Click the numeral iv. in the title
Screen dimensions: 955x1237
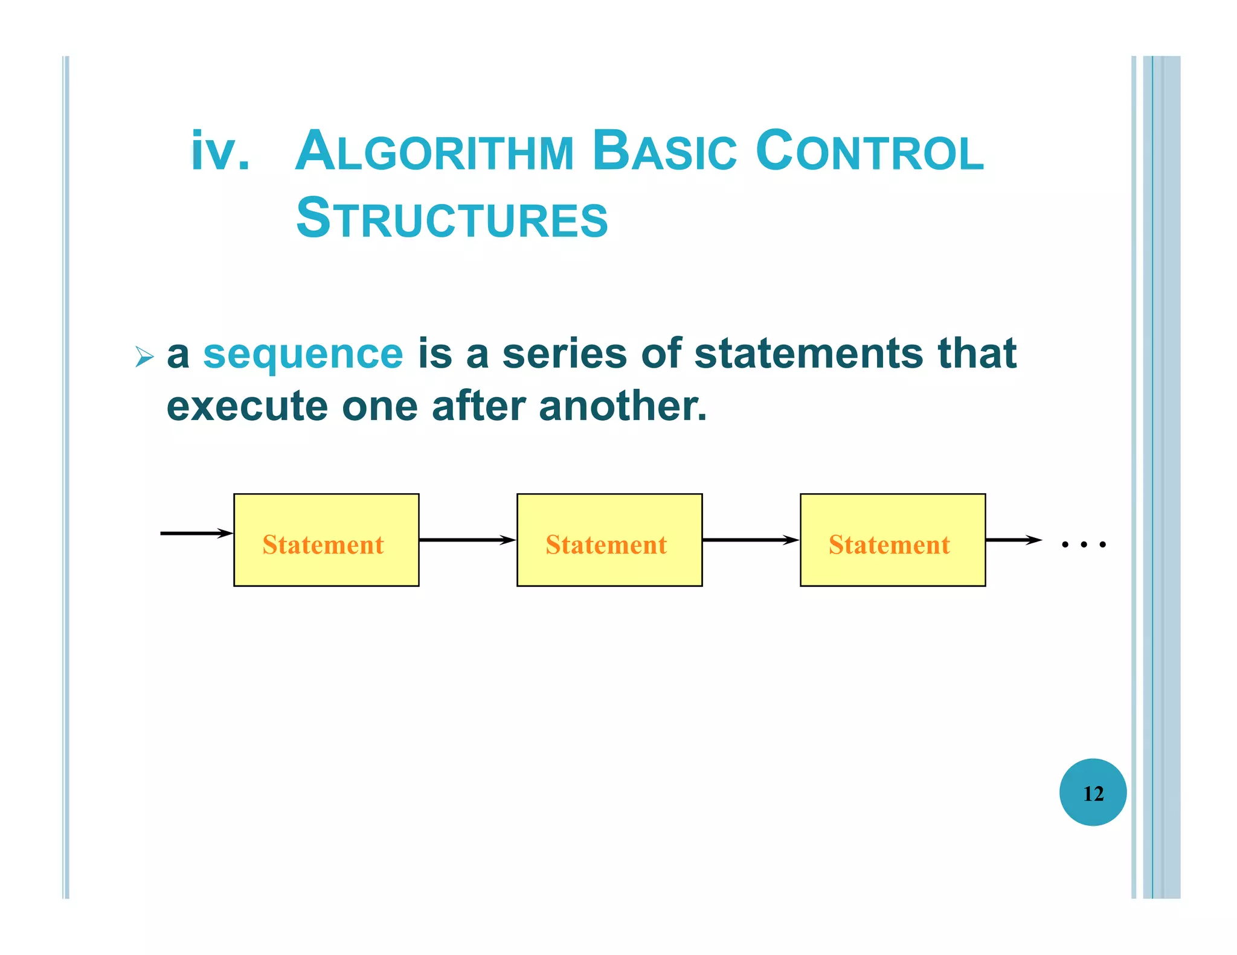pos(220,152)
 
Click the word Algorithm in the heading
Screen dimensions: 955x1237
pos(434,151)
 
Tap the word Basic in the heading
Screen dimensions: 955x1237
pos(664,151)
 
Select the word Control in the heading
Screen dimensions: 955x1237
pos(869,151)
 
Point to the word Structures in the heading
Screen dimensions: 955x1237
pos(452,219)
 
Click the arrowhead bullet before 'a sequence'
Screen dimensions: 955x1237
pos(144,357)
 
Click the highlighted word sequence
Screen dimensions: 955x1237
pos(303,354)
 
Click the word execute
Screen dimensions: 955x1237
pos(247,406)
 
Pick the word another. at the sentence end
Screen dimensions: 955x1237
pos(622,406)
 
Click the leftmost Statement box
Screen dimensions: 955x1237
pos(326,540)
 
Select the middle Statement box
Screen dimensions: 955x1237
pos(609,540)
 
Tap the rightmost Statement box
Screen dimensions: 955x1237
pos(893,540)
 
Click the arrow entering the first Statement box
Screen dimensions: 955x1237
pos(196,533)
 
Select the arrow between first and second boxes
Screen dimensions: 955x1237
pos(467,540)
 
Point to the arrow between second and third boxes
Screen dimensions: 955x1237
pos(751,540)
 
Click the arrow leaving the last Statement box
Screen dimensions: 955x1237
pos(1014,540)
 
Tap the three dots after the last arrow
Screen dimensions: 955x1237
pos(1084,545)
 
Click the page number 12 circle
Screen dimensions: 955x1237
pos(1093,793)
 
